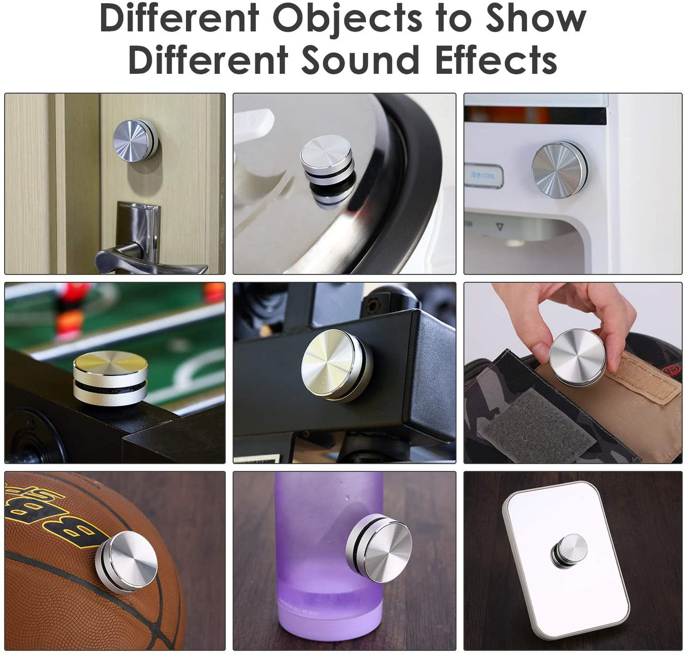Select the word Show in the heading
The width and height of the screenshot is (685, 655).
click(535, 19)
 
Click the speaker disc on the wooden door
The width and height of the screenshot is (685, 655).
click(135, 140)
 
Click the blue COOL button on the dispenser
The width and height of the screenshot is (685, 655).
click(483, 176)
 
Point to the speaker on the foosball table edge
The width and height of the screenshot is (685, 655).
click(111, 377)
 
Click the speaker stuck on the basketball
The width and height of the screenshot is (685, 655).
click(126, 561)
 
